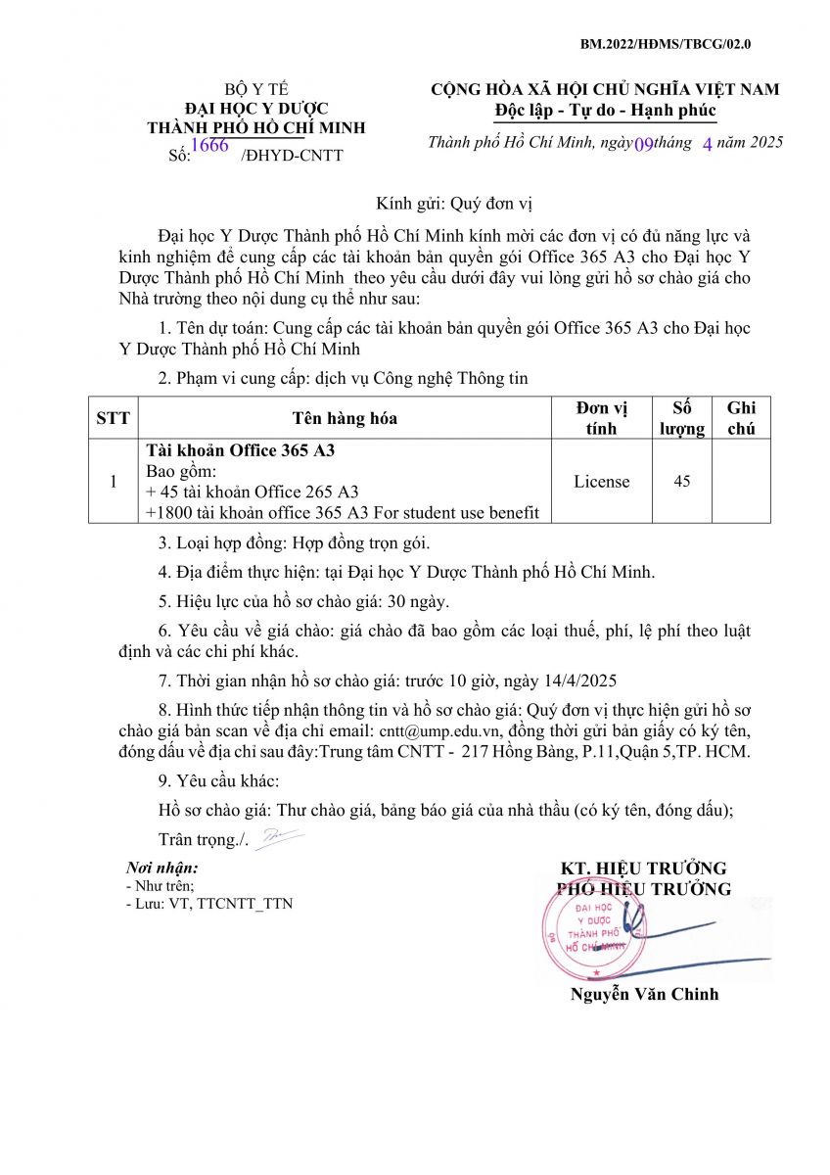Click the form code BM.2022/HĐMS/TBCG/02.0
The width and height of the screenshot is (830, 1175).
[665, 44]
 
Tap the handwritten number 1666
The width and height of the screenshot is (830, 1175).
[209, 146]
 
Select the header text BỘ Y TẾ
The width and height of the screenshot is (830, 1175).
[255, 89]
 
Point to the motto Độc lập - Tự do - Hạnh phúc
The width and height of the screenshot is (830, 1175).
[605, 110]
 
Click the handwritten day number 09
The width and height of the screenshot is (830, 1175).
[644, 144]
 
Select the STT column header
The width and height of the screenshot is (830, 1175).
[113, 418]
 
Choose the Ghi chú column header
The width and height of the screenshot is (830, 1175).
[741, 418]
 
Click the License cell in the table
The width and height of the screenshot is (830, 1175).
[602, 482]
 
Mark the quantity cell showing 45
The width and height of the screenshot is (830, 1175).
[681, 482]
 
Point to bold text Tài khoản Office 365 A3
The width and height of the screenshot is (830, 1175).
[241, 451]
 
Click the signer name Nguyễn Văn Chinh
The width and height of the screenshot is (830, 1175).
[644, 994]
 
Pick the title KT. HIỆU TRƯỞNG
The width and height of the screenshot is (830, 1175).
[643, 869]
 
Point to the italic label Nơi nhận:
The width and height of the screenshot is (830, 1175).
[162, 868]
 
